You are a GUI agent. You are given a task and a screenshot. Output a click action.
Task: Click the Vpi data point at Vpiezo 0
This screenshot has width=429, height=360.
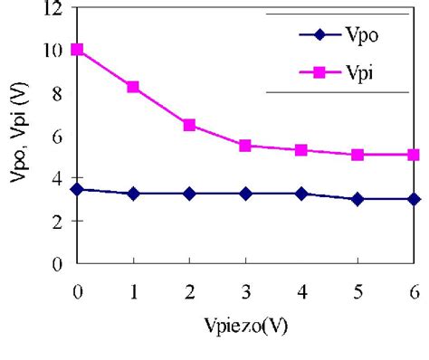coord(78,50)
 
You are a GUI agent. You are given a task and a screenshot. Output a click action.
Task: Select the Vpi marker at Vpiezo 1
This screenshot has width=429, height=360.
coord(133,87)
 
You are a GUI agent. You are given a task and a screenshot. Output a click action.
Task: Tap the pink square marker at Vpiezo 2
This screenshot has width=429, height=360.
coord(189,125)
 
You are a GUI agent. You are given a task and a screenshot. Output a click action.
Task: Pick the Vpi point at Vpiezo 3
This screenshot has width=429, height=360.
coord(245,146)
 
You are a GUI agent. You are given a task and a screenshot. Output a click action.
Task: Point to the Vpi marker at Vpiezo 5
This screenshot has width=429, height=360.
coord(357,155)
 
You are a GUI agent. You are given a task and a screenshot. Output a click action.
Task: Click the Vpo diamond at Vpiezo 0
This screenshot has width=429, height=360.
coord(78,189)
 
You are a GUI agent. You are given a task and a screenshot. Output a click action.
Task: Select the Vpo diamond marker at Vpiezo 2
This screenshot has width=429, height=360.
coord(189,194)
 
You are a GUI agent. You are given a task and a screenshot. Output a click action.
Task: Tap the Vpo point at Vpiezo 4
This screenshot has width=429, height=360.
coord(301,194)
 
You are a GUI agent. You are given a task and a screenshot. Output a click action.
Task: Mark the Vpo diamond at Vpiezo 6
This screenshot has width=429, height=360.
coord(414,199)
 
